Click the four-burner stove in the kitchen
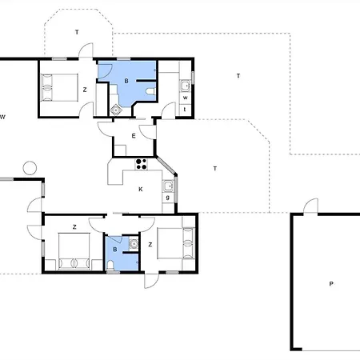141,164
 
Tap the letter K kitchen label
141,190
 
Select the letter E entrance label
134,136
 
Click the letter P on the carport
331,284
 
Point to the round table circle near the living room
30,168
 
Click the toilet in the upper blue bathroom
150,91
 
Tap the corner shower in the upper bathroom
116,110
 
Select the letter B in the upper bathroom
126,81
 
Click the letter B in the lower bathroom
115,250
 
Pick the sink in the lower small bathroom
134,243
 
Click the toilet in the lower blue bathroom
110,266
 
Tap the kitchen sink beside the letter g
168,186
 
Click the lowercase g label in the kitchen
168,198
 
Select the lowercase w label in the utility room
186,98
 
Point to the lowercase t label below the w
185,110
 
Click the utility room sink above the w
185,86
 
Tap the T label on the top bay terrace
77,32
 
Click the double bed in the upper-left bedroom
59,87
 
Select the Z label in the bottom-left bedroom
74,227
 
